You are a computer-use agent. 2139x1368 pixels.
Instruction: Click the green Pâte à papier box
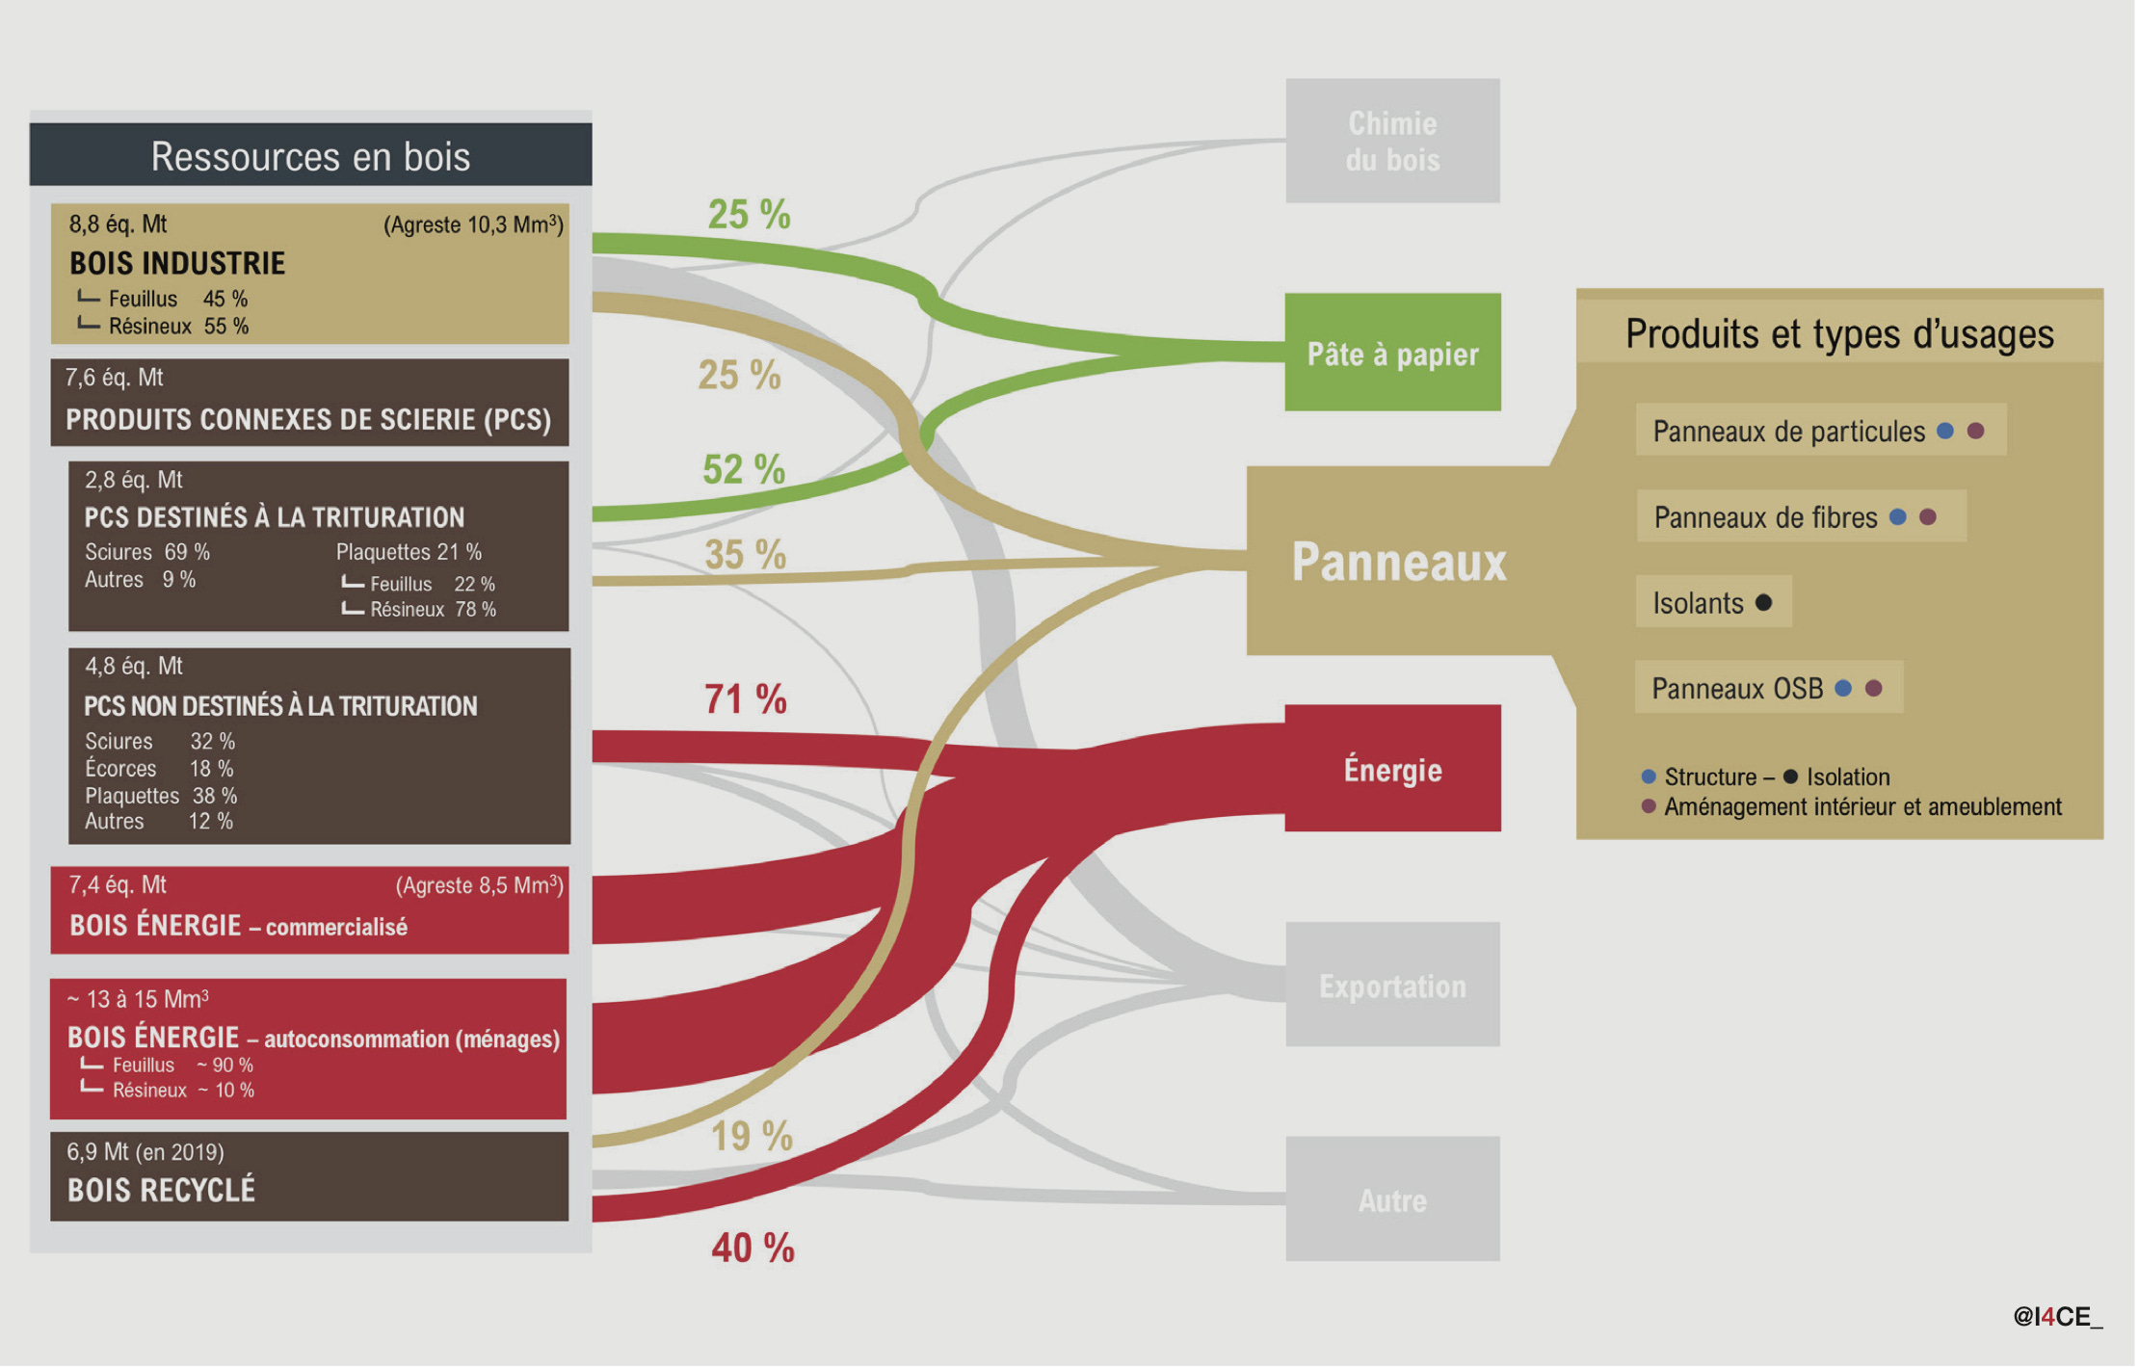1392,353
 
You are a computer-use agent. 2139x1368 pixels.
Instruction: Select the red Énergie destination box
1392,769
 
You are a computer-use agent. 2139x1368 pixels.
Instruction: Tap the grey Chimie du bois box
1392,141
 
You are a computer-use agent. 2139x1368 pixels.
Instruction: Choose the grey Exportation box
1392,985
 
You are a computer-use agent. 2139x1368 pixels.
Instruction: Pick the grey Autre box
1392,1199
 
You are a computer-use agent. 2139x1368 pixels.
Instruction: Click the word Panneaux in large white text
1398,563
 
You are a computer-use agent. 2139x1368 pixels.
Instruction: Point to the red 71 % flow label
745,699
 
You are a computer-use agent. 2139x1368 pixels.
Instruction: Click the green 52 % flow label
743,470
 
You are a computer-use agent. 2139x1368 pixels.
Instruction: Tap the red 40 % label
753,1249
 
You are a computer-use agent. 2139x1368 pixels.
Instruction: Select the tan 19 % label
752,1137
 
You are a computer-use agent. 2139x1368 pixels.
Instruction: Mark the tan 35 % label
745,555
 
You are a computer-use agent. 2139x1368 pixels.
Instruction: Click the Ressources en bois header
310,156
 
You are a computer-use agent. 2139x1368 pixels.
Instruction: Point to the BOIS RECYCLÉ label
161,1191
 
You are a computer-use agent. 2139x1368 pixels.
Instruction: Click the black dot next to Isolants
1764,603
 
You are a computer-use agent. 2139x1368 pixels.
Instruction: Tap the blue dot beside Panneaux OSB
1843,689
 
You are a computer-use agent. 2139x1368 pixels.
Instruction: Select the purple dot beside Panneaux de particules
1976,432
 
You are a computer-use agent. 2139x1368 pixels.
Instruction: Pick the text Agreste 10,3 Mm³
473,225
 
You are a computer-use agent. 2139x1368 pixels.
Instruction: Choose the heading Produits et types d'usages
1839,334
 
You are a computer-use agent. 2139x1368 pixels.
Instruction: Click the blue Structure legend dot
1649,776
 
